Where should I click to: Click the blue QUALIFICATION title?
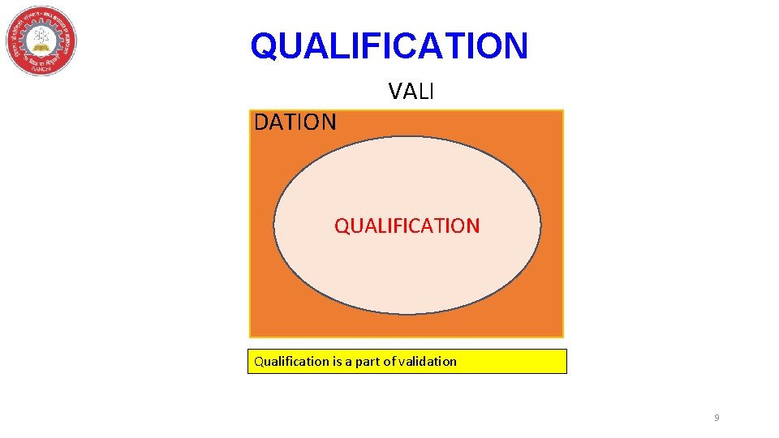click(x=389, y=45)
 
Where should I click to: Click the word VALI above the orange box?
click(x=411, y=92)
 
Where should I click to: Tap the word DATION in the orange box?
click(x=295, y=122)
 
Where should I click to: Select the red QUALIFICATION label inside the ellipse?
click(x=407, y=225)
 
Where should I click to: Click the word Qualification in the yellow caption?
click(x=291, y=362)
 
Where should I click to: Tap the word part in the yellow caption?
click(x=368, y=362)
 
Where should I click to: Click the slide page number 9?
click(x=717, y=418)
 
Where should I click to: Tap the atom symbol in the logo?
click(x=40, y=36)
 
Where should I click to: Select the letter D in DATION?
click(x=262, y=122)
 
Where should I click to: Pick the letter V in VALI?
click(x=395, y=92)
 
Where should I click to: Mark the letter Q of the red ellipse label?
click(x=342, y=225)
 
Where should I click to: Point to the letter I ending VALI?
click(x=431, y=92)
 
